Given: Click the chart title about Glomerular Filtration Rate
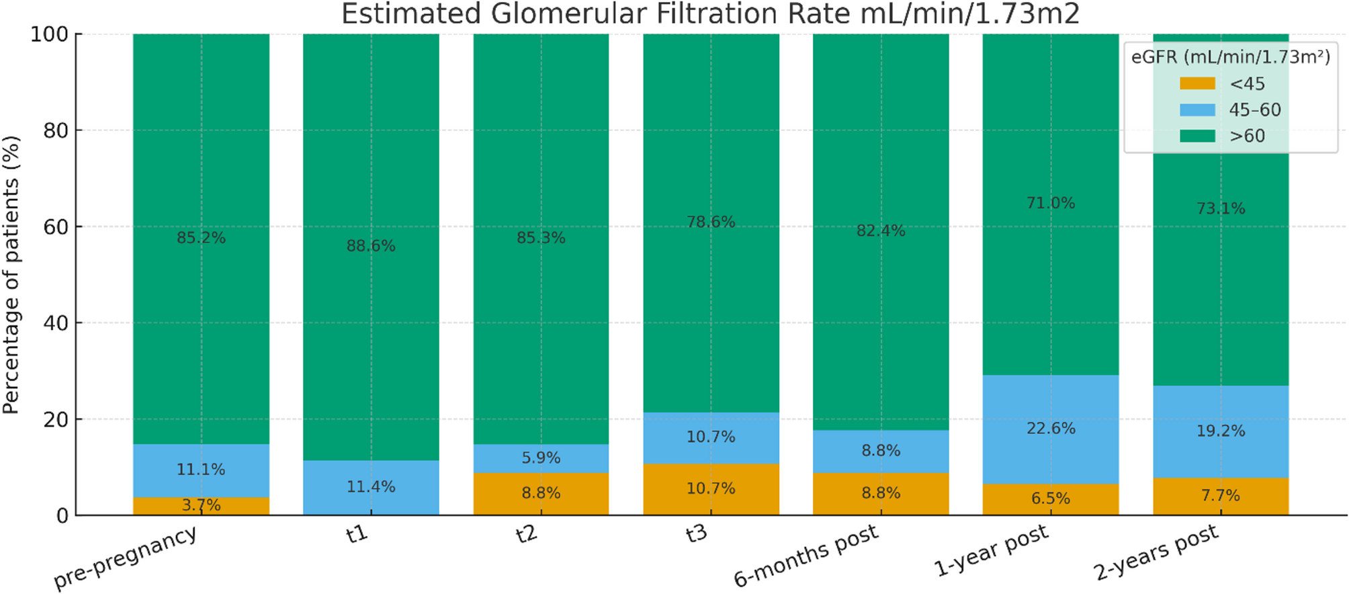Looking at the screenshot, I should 710,13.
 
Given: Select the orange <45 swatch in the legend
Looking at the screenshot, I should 1197,83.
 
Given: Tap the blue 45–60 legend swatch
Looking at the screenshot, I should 1197,110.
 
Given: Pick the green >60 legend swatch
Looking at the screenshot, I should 1197,136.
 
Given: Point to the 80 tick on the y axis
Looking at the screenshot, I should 56,130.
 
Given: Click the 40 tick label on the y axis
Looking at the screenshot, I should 56,323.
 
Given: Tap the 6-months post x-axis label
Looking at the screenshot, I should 806,554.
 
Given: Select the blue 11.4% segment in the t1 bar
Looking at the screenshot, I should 371,487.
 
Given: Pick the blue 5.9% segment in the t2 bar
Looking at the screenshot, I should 541,458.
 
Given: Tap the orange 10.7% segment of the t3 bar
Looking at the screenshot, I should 711,489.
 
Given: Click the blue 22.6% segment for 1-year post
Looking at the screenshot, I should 1051,429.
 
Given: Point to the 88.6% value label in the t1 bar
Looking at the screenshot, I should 371,246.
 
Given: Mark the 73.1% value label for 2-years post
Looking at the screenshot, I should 1221,208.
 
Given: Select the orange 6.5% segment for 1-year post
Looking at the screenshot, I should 1051,499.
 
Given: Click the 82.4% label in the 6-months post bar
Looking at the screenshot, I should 881,231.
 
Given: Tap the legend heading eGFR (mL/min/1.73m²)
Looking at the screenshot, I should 1230,57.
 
